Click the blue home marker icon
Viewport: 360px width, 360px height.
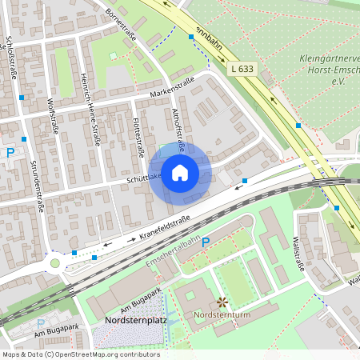[180, 172]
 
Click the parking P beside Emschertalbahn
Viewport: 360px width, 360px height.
[206, 242]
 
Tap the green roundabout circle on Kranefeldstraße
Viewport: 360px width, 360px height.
[55, 262]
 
